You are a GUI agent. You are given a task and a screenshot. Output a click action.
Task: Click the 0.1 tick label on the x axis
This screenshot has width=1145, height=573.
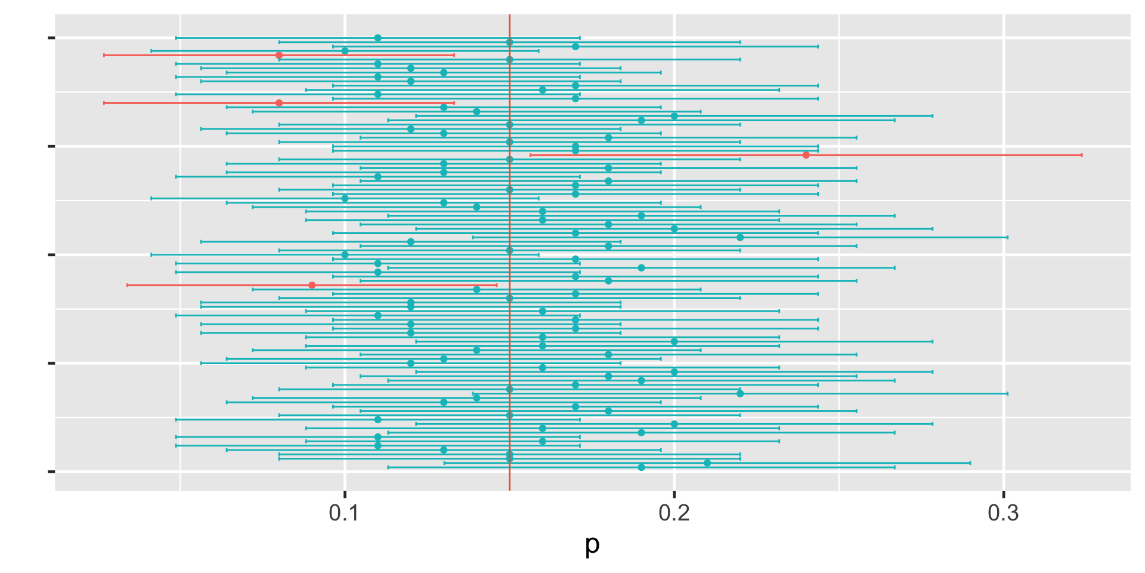(344, 513)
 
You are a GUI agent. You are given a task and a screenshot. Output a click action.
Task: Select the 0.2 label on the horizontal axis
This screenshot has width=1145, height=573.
(674, 513)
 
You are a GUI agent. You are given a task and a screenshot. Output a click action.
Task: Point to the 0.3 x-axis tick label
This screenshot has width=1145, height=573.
(1004, 513)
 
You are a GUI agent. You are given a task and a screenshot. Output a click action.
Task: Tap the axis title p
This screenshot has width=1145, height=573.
(592, 544)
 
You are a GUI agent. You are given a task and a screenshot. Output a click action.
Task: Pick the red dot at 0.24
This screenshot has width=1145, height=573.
(806, 155)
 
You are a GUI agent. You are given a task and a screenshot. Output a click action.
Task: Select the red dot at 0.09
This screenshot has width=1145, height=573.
(312, 285)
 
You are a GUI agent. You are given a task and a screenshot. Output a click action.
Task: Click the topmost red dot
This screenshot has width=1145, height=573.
(279, 56)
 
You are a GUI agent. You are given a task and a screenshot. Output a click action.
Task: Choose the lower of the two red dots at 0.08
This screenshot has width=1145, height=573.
(279, 103)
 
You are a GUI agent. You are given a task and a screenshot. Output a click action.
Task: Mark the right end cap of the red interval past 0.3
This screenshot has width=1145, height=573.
(1082, 155)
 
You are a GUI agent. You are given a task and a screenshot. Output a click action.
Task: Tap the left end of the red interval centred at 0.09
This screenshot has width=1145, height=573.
(127, 285)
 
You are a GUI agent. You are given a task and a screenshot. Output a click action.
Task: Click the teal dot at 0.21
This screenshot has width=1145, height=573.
(707, 463)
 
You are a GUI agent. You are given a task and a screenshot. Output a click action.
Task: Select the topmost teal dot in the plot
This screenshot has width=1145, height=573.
(377, 38)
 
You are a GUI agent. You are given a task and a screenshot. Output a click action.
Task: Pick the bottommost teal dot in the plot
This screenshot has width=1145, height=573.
(641, 467)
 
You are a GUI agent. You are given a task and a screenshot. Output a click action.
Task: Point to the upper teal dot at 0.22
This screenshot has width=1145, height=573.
(740, 238)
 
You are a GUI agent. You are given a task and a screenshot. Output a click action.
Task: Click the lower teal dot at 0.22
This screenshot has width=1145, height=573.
(740, 393)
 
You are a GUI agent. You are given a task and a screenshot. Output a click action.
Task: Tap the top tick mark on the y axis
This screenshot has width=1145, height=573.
(51, 38)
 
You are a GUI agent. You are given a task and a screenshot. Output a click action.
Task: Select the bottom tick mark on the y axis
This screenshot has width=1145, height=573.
(51, 472)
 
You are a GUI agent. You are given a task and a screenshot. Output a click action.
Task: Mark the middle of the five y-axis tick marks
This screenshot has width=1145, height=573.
(51, 255)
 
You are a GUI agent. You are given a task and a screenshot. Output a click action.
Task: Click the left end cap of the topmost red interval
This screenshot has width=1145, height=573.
(104, 56)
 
